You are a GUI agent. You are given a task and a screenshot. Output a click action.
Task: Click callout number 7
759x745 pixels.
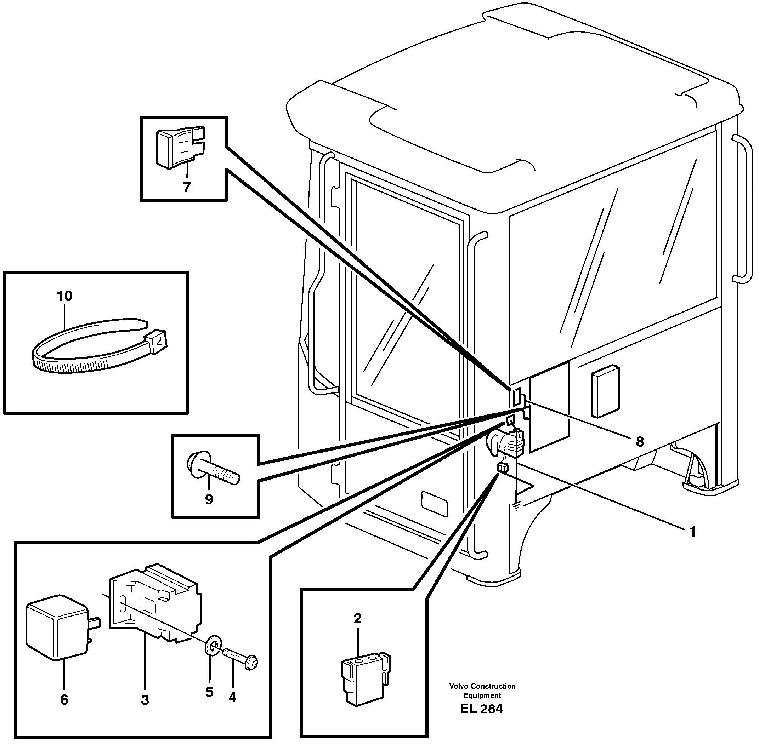(187, 188)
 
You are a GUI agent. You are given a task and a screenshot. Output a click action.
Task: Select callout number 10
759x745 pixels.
(64, 296)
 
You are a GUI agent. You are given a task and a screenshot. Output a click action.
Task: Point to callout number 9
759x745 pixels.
(209, 499)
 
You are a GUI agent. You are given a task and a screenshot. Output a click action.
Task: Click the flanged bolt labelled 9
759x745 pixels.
(214, 469)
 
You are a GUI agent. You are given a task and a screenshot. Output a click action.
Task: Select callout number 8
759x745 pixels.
(640, 442)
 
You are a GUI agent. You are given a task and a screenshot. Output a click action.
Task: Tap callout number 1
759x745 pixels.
(692, 532)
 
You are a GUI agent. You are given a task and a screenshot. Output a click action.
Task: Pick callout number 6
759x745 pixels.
(64, 700)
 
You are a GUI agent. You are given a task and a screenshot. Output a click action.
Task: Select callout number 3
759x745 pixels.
(145, 700)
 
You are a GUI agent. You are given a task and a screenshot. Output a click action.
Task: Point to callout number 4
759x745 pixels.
(232, 697)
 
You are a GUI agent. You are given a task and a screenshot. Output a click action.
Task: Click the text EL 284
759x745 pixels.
(481, 709)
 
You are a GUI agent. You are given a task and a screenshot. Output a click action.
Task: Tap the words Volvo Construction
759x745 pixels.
(482, 686)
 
